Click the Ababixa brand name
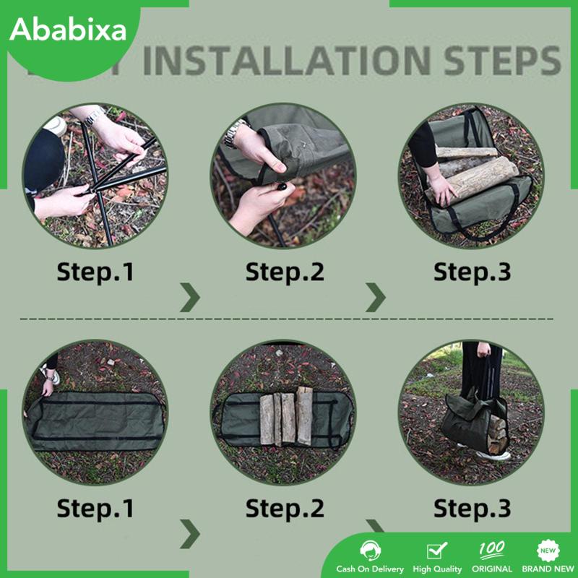pyautogui.click(x=69, y=30)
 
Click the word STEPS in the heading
pyautogui.click(x=491, y=61)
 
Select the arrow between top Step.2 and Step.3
pyautogui.click(x=376, y=297)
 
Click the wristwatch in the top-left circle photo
pyautogui.click(x=92, y=113)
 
